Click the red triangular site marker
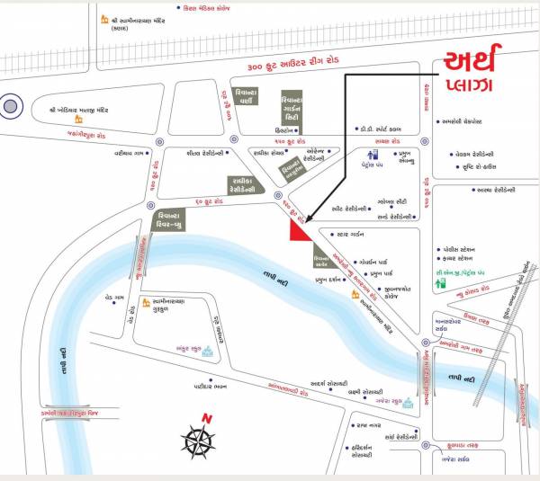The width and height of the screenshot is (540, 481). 298,230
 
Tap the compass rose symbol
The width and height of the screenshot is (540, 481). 198,441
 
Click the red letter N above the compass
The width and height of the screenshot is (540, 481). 206,419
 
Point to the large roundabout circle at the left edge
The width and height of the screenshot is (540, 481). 11,106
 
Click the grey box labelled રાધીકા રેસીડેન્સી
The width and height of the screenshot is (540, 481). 243,185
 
